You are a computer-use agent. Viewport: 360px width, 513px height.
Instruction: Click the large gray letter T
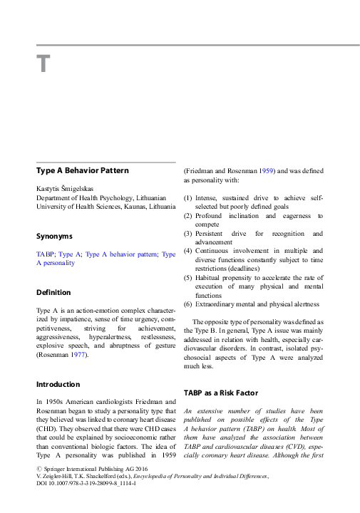pos(43,65)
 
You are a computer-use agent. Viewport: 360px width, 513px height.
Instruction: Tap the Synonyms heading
pos(54,236)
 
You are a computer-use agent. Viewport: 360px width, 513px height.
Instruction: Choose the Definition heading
pos(53,292)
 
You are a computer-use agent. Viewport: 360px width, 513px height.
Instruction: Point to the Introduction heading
pos(58,384)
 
